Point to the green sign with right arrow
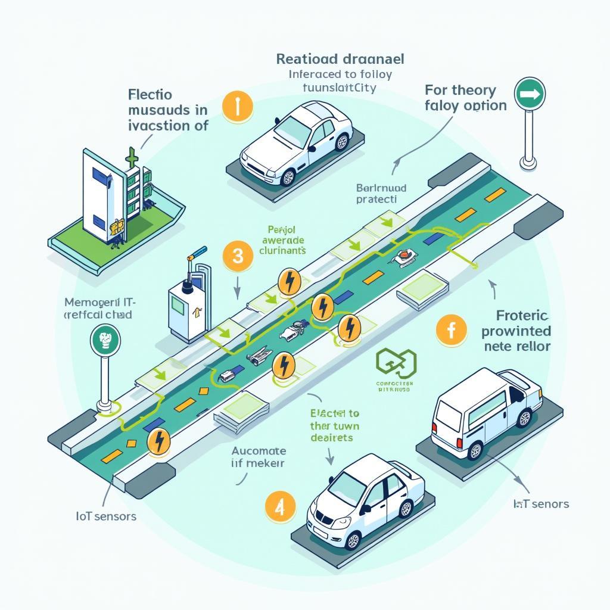tap(529, 94)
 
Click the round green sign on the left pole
tap(105, 340)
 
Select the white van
tap(485, 413)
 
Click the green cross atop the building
tap(132, 157)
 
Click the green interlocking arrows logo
tap(396, 363)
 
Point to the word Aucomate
tap(258, 451)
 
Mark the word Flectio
tap(150, 94)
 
